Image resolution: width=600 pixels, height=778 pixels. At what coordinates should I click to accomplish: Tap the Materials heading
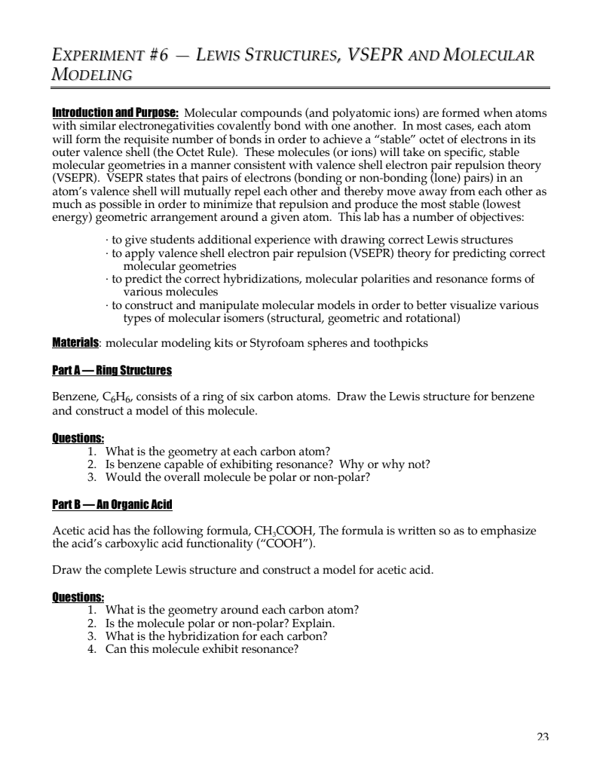pos(75,343)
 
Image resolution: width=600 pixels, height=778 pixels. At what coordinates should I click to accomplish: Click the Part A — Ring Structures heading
pos(112,370)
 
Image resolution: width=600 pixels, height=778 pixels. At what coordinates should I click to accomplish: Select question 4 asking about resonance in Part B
pos(202,648)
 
